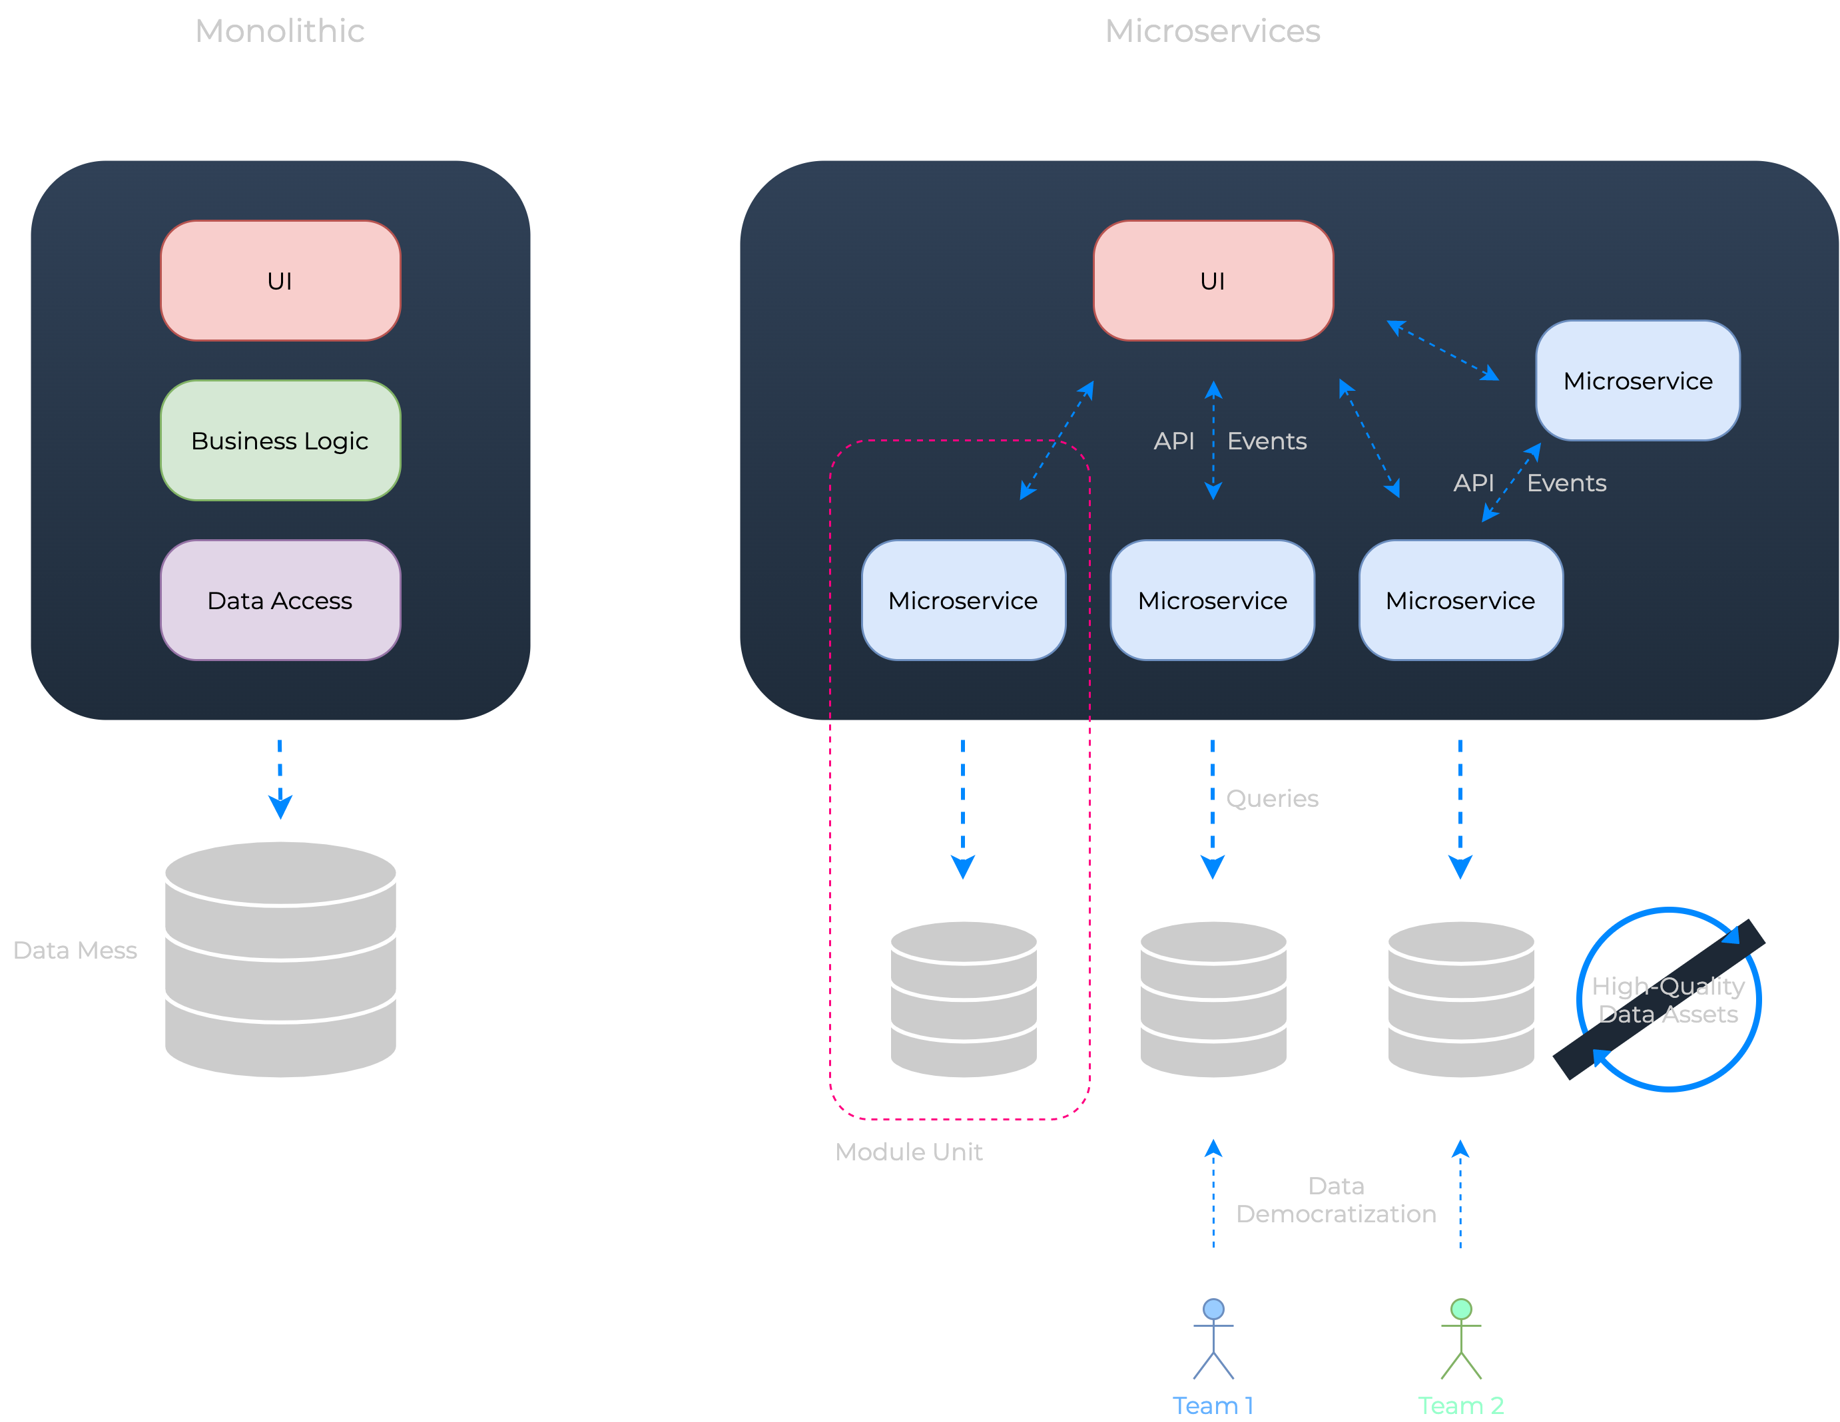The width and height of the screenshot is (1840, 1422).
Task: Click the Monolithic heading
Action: pyautogui.click(x=280, y=31)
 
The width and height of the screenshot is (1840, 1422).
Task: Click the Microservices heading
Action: pyautogui.click(x=1211, y=31)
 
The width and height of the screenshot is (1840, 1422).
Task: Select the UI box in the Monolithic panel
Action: pyautogui.click(x=280, y=280)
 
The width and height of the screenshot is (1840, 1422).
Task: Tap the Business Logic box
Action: pyautogui.click(x=280, y=441)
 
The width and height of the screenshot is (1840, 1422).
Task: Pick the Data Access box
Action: pyautogui.click(x=280, y=600)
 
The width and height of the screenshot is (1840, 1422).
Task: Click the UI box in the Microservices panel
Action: pyautogui.click(x=1212, y=280)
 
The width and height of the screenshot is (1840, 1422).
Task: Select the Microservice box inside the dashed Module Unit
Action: pyautogui.click(x=963, y=600)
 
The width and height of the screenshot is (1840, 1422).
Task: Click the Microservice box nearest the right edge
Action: pyautogui.click(x=1637, y=381)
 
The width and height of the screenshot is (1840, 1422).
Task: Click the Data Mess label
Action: pyautogui.click(x=75, y=950)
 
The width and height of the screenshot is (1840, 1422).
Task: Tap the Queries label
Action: pyautogui.click(x=1271, y=799)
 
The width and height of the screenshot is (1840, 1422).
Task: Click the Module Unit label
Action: pyautogui.click(x=908, y=1152)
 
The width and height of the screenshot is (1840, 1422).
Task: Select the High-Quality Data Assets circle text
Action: pyautogui.click(x=1668, y=1000)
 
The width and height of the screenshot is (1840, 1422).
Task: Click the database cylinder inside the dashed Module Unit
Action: pyautogui.click(x=963, y=999)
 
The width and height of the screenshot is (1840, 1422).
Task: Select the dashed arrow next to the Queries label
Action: pyautogui.click(x=1212, y=809)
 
